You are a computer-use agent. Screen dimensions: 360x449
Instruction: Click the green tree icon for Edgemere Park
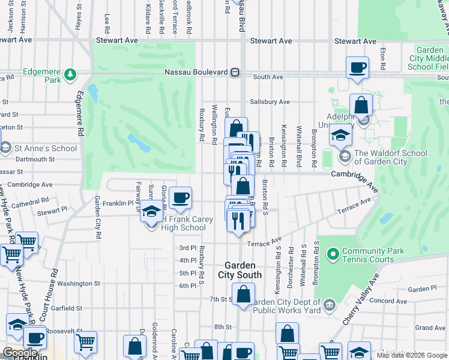[x=71, y=74]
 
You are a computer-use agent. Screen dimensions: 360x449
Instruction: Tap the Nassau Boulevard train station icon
[x=235, y=73]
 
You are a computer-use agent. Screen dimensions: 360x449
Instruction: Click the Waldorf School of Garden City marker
[x=345, y=157]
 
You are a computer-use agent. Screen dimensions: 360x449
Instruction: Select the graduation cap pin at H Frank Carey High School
[x=152, y=211]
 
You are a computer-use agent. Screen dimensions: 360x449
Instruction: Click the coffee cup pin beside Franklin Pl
[x=180, y=197]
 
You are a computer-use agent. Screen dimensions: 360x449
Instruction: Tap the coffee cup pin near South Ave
[x=358, y=67]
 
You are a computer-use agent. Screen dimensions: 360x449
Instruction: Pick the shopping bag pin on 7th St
[x=243, y=295]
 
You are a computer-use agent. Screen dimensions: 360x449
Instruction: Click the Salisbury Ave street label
[x=270, y=102]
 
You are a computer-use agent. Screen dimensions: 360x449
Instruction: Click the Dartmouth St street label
[x=35, y=160]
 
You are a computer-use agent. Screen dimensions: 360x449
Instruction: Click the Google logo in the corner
[x=20, y=353]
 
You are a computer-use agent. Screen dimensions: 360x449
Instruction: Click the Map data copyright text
[x=412, y=355]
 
